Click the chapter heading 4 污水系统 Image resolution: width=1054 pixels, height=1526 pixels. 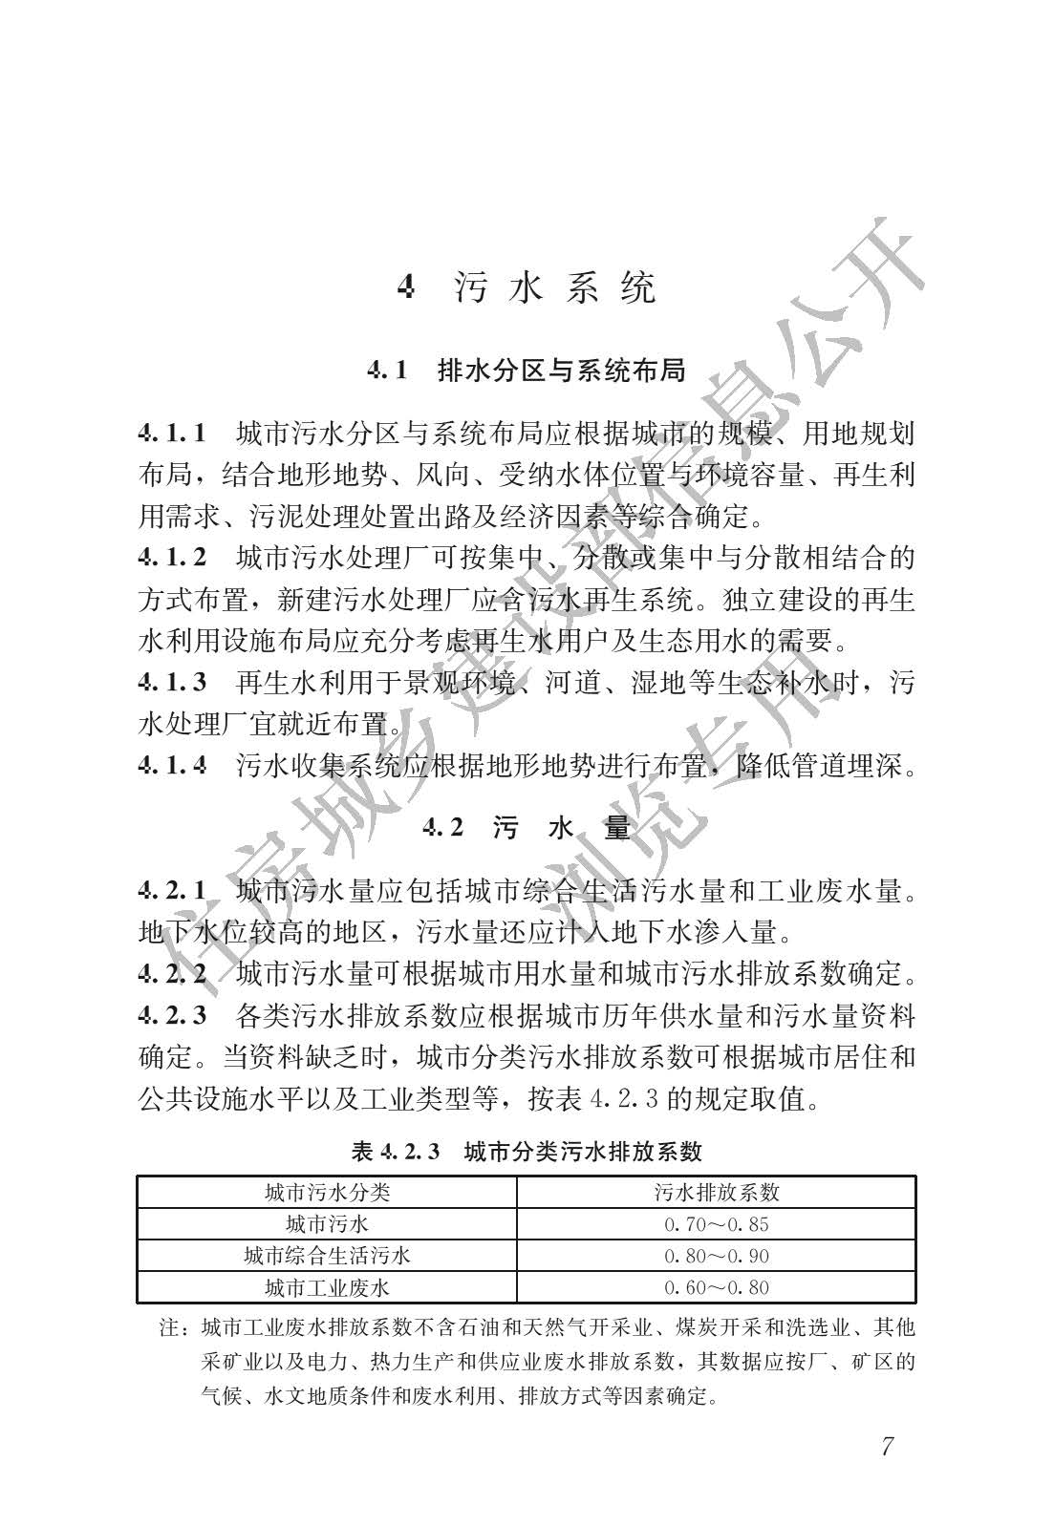click(527, 286)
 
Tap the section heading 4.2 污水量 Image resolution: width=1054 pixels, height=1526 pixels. click(527, 828)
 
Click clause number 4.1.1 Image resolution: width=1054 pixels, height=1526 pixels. click(173, 434)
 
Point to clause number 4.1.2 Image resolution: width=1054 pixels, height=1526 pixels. click(173, 558)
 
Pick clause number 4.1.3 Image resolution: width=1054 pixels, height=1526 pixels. click(173, 682)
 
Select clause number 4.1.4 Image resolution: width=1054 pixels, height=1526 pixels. click(173, 765)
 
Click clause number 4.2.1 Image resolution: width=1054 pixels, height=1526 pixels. click(173, 891)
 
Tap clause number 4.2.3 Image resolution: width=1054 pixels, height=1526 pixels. click(173, 1015)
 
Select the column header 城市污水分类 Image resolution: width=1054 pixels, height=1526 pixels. click(327, 1192)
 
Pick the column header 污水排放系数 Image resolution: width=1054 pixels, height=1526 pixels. click(717, 1192)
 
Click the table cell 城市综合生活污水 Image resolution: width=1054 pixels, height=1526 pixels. click(327, 1255)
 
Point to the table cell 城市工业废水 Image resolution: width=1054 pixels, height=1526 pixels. click(327, 1287)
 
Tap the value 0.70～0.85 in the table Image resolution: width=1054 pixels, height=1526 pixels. click(717, 1224)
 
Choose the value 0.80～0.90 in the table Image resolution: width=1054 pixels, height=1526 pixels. click(717, 1256)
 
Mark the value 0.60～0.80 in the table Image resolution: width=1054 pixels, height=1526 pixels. click(717, 1287)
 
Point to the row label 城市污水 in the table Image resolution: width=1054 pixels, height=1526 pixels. click(327, 1223)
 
